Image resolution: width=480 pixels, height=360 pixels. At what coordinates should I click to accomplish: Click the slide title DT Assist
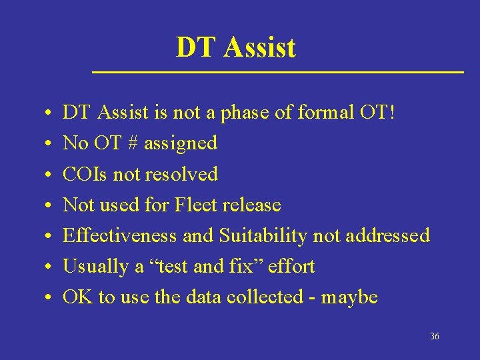click(235, 47)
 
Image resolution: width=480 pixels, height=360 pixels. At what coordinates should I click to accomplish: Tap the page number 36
click(435, 337)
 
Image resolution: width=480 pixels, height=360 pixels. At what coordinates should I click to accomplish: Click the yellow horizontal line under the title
click(277, 71)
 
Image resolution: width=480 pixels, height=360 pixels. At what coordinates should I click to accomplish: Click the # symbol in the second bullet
click(131, 143)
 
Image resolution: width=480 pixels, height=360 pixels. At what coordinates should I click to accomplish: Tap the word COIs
click(85, 174)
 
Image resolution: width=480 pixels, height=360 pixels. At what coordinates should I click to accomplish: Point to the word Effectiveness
click(119, 235)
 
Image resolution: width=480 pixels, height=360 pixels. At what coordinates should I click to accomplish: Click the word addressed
click(387, 235)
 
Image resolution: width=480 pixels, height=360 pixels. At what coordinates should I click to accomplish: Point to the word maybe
click(349, 297)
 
